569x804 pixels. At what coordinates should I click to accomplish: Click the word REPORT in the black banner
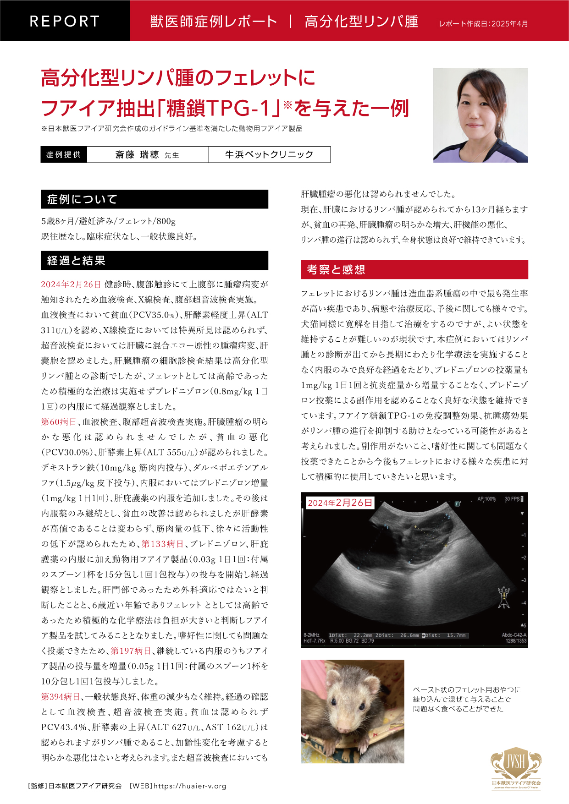pos(65,21)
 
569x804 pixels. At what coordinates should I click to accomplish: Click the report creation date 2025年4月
pos(509,24)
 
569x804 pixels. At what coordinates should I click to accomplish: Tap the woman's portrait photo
pos(481,115)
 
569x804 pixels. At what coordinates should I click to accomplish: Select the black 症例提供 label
pos(64,155)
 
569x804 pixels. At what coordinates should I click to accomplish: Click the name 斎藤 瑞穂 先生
pos(147,155)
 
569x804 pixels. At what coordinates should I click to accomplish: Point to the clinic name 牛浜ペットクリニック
pos(269,155)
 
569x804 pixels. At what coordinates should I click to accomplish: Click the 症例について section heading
pos(83,199)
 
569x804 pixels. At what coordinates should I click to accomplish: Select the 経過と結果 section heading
pos(77,261)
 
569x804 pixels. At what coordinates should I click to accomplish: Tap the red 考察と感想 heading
pos(336,269)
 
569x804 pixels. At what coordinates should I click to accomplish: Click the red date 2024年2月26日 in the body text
pos(71,284)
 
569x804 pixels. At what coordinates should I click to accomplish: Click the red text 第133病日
pos(162,544)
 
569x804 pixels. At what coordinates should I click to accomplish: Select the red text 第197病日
pos(131,651)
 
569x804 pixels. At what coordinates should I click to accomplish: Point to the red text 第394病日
pos(61,697)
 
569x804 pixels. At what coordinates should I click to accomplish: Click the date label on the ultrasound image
pos(340,503)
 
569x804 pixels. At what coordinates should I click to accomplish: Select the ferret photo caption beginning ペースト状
pos(467,699)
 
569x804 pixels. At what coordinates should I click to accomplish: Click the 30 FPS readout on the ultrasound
pos(513,499)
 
